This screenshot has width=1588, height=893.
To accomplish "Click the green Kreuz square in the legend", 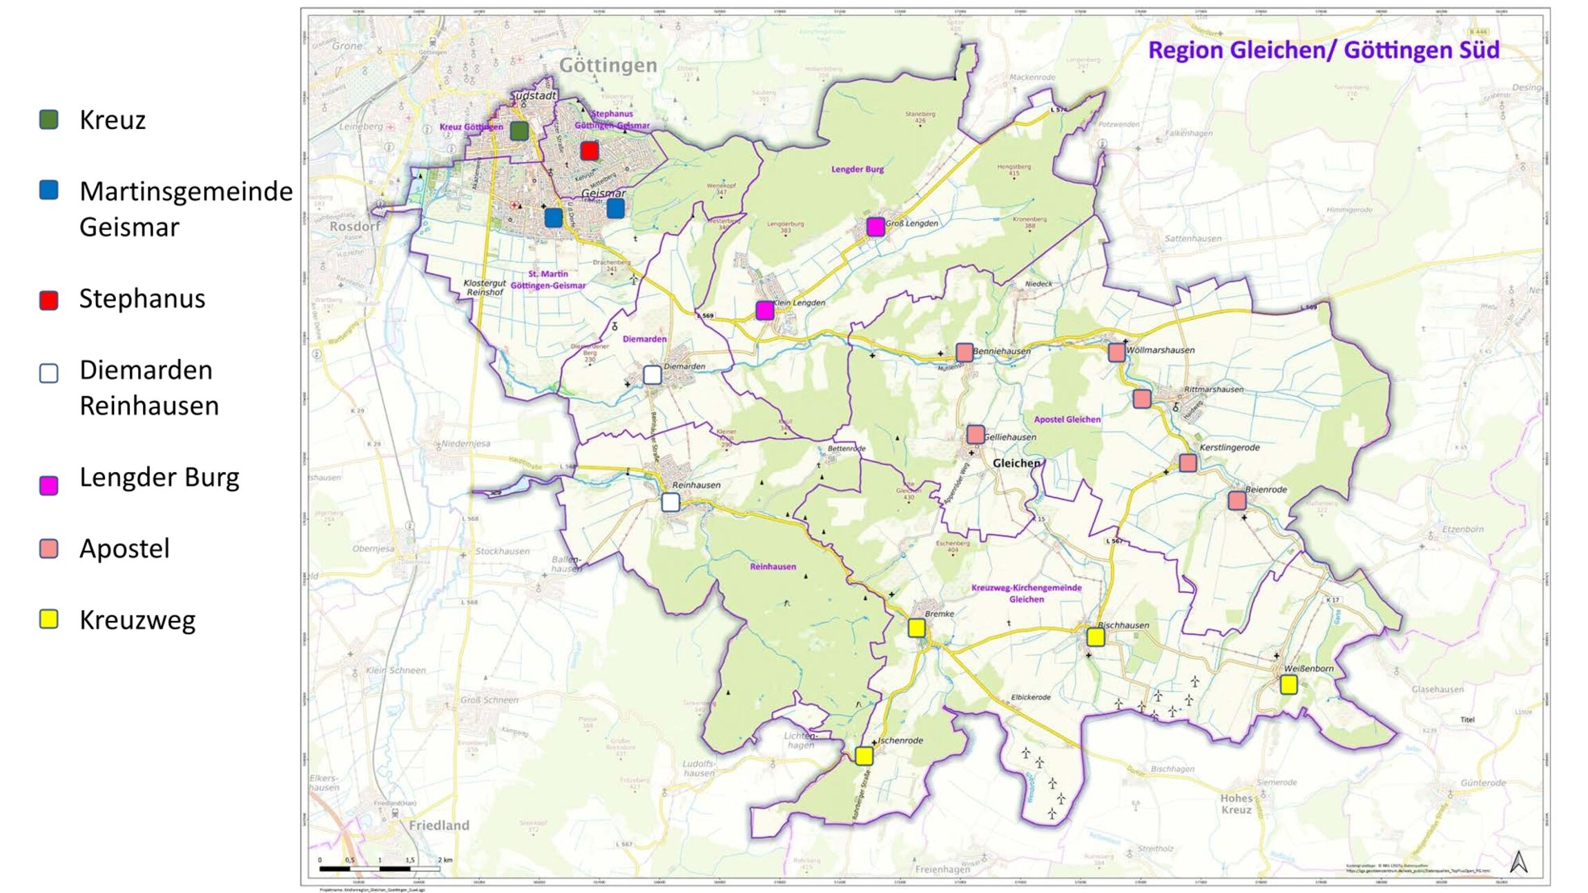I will pos(48,119).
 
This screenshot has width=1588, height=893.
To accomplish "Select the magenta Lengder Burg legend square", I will pos(48,485).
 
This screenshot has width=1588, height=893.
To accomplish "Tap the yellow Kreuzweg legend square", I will pos(48,619).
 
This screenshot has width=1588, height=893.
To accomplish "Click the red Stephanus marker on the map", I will pos(589,150).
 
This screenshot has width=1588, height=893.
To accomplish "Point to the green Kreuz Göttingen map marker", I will pos(519,130).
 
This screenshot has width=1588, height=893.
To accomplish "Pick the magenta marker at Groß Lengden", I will pos(875,226).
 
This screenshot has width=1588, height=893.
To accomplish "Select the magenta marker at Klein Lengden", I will pos(764,311).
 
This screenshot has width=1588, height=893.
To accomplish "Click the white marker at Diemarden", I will pos(652,375).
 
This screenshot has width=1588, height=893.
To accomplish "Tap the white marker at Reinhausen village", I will pos(670,502).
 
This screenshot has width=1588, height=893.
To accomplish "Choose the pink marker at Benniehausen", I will pos(965,352).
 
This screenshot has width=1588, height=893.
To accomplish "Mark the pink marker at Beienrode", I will pos(1237,500).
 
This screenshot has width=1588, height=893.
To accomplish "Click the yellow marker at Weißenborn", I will pos(1288,685).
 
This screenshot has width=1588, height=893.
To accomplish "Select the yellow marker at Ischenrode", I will pos(864,756).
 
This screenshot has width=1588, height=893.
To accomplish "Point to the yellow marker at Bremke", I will pos(916,627).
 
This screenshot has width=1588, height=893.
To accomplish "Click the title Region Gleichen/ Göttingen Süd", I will pos(1323,50).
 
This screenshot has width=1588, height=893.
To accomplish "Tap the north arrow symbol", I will pos(1518,861).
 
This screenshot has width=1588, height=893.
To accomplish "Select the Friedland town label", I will pos(438,825).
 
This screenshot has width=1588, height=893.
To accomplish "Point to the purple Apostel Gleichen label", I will pos(1067,420).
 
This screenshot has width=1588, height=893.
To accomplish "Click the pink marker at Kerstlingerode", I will pos(1188,462).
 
